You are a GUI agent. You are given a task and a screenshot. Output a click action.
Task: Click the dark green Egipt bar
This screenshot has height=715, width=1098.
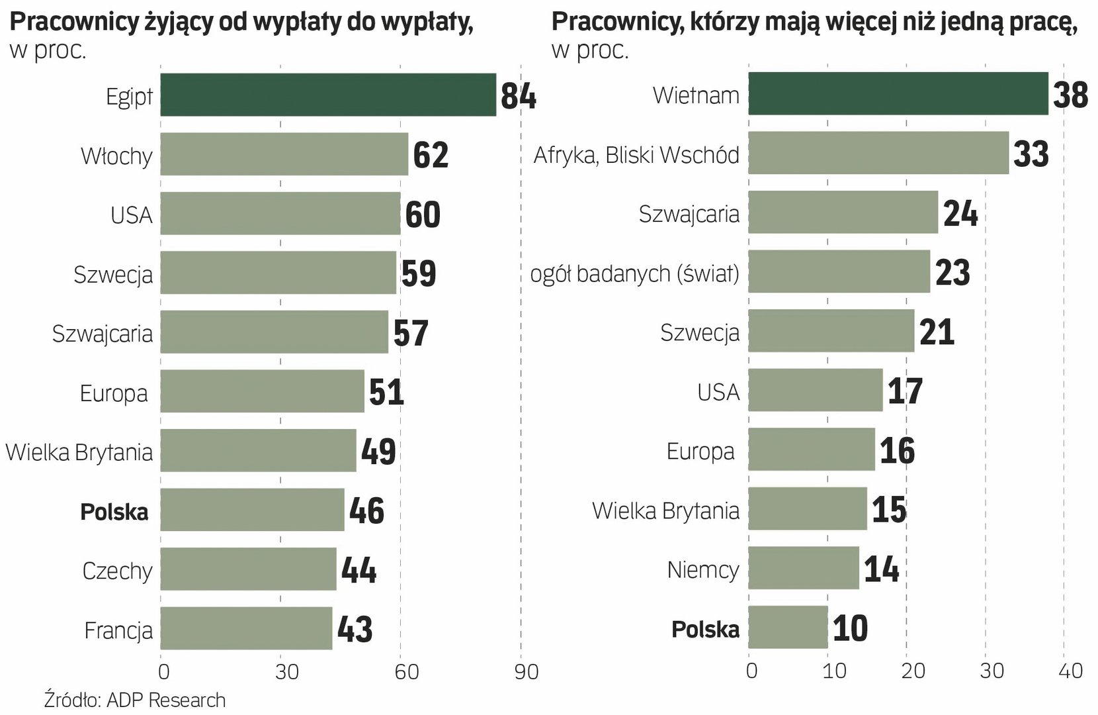(x=327, y=95)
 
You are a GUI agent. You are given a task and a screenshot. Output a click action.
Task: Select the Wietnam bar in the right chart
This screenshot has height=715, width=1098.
(x=898, y=93)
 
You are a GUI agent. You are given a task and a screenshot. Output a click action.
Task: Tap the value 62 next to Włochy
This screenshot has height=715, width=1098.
(x=431, y=155)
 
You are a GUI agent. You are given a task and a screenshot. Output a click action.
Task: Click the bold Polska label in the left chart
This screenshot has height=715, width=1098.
(x=114, y=512)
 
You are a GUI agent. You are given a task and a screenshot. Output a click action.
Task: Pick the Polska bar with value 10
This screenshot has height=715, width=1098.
(x=788, y=628)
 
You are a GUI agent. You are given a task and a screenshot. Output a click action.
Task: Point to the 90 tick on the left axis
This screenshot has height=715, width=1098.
(x=526, y=672)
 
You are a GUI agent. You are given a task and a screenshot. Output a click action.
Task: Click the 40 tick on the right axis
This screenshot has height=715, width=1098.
(x=1070, y=671)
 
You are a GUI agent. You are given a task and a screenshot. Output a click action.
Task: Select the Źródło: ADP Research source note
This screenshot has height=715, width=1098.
(x=135, y=700)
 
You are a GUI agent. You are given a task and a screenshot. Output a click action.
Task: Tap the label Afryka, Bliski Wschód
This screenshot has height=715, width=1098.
(x=636, y=155)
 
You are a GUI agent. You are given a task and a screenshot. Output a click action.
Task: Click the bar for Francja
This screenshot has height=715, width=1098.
(x=246, y=628)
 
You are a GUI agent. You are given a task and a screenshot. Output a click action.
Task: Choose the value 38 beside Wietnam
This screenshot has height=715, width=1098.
(x=1070, y=95)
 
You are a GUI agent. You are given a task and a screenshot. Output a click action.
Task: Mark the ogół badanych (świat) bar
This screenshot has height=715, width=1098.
(x=839, y=271)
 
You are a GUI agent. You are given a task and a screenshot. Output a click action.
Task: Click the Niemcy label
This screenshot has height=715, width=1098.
(x=702, y=569)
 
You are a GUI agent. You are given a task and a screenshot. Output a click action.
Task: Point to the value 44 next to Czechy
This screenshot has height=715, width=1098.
(x=359, y=570)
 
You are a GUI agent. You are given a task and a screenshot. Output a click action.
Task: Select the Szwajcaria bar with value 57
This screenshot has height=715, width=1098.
(x=274, y=332)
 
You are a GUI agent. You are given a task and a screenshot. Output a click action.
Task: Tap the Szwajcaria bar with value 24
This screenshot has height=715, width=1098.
(x=843, y=213)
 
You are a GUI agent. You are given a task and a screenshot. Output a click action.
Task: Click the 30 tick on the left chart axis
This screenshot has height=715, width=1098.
(x=287, y=672)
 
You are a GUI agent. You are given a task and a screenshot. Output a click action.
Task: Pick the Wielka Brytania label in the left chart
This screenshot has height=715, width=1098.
(x=79, y=452)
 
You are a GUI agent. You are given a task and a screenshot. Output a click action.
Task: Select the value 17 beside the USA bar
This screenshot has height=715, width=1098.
(x=904, y=391)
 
